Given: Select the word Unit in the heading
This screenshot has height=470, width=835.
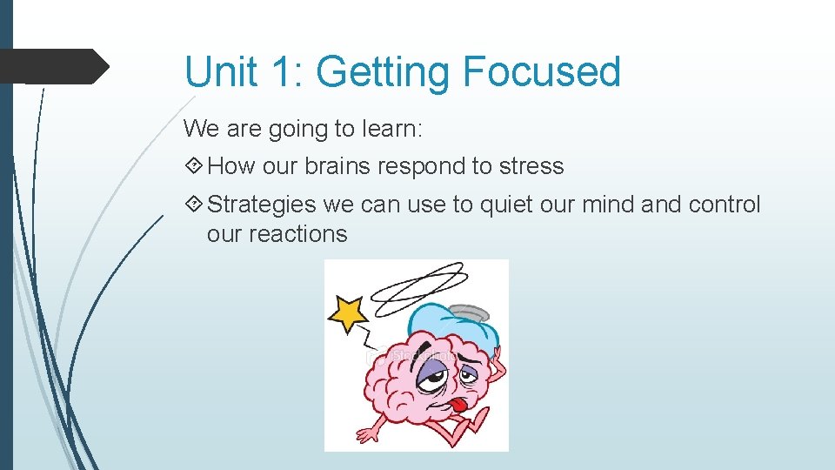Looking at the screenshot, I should pyautogui.click(x=220, y=71).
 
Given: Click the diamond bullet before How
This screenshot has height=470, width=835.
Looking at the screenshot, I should pyautogui.click(x=193, y=166).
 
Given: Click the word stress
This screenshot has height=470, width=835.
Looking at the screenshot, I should pyautogui.click(x=531, y=166).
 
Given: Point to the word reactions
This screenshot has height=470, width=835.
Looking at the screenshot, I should pyautogui.click(x=298, y=234).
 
